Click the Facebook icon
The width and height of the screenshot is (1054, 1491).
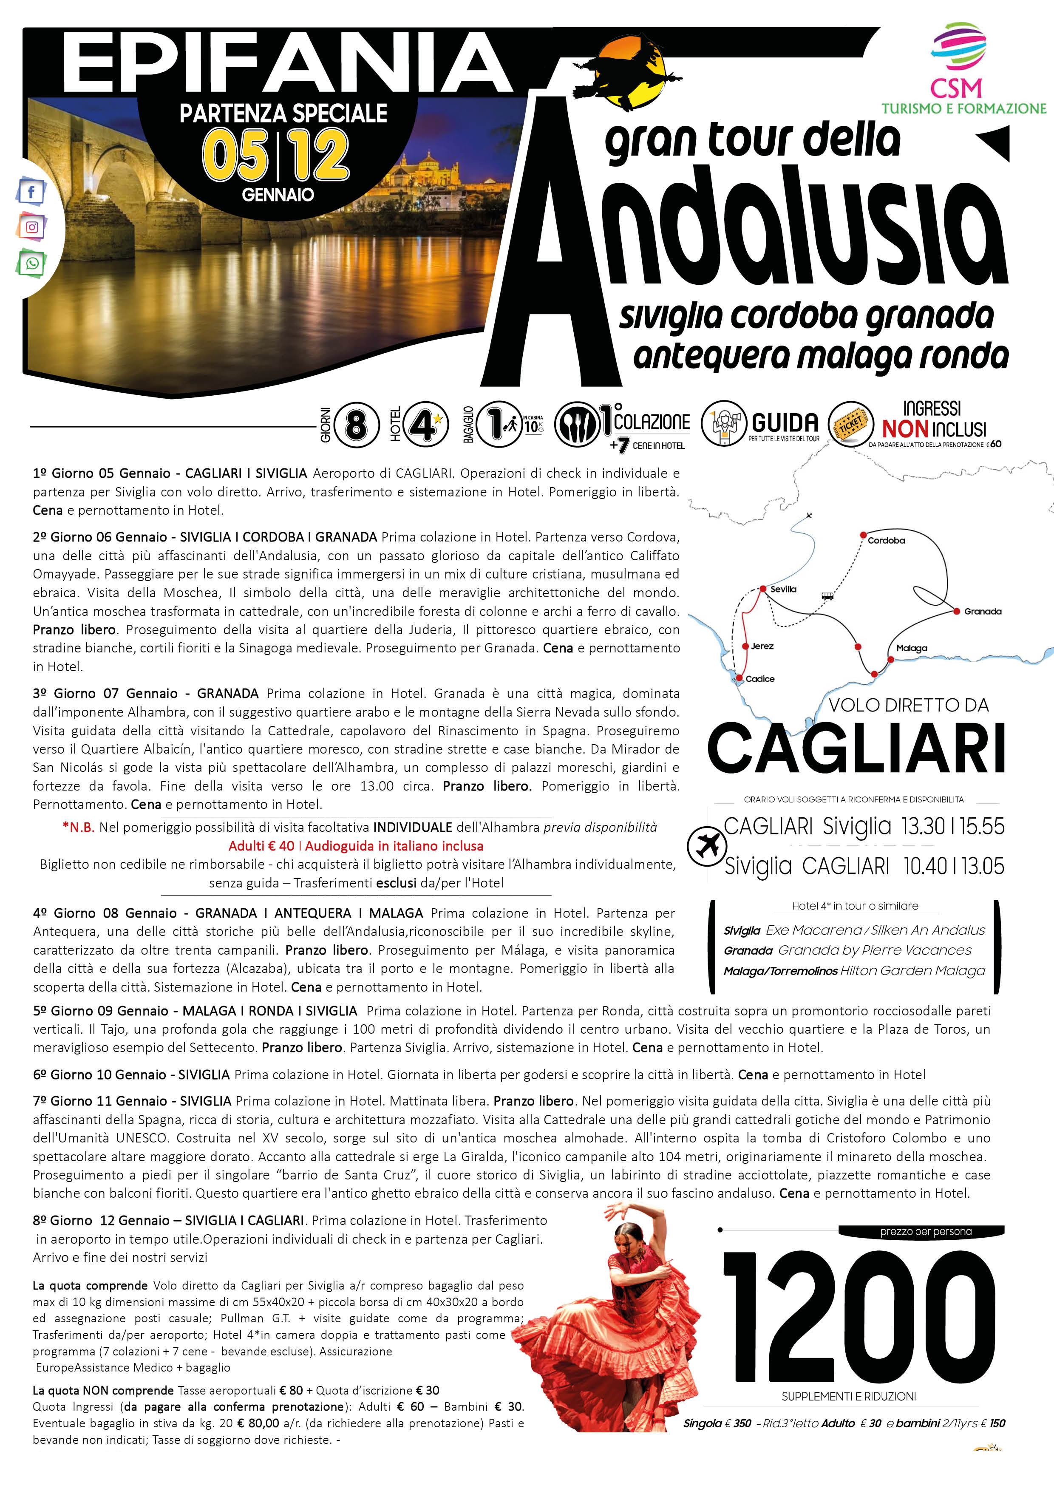(31, 191)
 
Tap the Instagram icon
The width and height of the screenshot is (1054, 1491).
(31, 227)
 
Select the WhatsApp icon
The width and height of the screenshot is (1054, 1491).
(31, 264)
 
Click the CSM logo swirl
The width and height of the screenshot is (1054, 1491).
(958, 46)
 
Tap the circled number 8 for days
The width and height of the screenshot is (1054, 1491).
(356, 425)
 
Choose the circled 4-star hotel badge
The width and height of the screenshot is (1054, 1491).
(425, 425)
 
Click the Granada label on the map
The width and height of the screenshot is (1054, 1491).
(983, 611)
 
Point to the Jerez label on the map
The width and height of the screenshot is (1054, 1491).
(762, 646)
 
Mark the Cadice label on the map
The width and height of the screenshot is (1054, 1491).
(760, 679)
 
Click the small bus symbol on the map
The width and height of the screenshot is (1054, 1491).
(827, 595)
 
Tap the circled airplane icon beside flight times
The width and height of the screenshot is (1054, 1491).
(707, 846)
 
